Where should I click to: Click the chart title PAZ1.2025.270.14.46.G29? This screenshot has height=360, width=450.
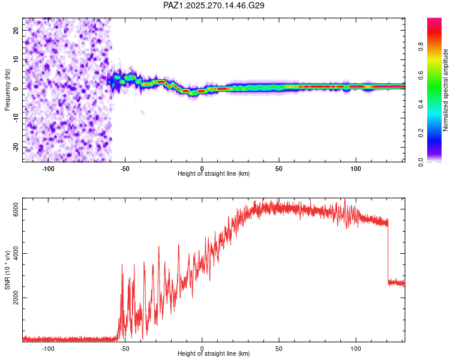pos(214,5)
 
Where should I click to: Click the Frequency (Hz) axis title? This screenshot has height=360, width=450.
pos(7,89)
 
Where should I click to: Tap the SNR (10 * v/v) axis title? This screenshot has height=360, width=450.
pos(7,271)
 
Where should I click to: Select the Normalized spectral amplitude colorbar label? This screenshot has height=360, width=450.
pos(446,91)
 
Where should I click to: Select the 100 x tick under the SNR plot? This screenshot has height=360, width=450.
pos(356,347)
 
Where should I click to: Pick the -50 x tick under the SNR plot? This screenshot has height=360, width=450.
pos(125,347)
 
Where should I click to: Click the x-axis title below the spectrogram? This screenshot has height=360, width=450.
pos(214,174)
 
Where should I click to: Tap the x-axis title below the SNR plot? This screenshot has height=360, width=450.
pos(214,354)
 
